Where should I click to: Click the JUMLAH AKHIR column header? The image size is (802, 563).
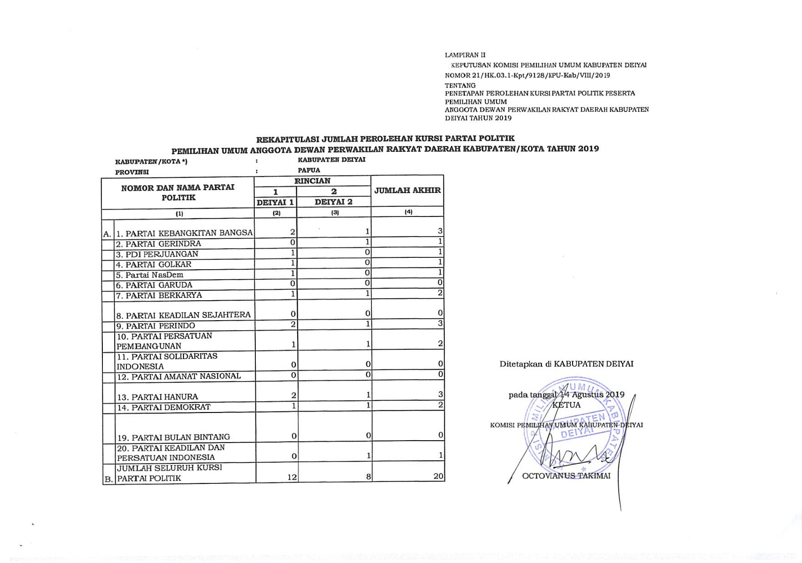pos(407,191)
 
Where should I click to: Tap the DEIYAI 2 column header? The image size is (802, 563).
pos(334,202)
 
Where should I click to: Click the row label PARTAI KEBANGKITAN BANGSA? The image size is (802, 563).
pos(184,233)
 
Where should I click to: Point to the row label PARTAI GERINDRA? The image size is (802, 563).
pos(159,244)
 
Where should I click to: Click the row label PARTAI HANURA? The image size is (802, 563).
pos(157,397)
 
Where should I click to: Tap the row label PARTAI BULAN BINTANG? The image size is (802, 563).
pos(173,437)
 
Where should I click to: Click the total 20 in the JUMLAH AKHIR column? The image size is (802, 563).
pos(438,476)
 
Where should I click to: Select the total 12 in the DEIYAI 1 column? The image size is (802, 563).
pos(292,477)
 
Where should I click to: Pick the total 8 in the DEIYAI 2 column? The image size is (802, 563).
pos(368,477)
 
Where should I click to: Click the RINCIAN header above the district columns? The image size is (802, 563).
pos(312,181)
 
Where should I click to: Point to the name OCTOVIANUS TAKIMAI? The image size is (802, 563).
pos(566,476)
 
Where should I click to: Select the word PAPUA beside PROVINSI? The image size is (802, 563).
pos(309,170)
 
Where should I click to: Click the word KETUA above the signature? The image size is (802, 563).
pos(566,405)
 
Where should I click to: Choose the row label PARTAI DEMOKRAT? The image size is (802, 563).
pos(164,407)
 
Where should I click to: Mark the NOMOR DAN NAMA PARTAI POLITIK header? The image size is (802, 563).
pos(178,192)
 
